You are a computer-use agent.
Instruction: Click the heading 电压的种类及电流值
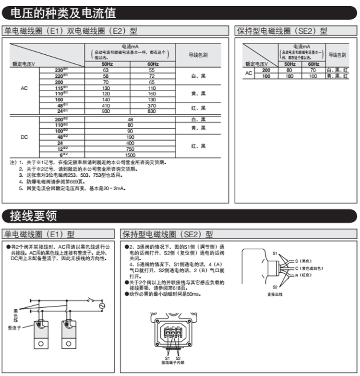click(63, 12)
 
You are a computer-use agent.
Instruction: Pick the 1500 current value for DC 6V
click(130, 156)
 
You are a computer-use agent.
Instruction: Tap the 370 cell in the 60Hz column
click(152, 105)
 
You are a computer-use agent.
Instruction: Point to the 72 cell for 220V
click(152, 76)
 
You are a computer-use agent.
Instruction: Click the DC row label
click(24, 137)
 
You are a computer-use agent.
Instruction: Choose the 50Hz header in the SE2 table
click(289, 64)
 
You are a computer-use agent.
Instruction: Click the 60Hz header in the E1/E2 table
click(153, 64)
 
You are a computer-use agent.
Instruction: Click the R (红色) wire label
click(303, 275)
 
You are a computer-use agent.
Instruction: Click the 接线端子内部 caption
click(171, 362)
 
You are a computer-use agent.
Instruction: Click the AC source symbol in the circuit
click(101, 305)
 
